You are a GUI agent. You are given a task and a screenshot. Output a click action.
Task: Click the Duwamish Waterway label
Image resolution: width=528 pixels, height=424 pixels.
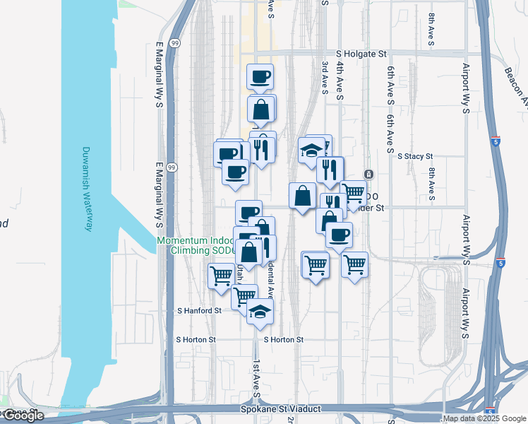coord(87,189)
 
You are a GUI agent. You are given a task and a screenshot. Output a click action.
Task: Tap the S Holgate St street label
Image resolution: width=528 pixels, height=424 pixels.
coord(362,53)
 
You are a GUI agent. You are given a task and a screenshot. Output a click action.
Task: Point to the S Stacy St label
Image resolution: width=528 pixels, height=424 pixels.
coord(415,156)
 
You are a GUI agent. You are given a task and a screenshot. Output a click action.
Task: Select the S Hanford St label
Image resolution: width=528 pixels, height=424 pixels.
coord(199,310)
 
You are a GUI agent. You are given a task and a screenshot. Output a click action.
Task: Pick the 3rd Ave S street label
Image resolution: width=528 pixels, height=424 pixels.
coord(325,82)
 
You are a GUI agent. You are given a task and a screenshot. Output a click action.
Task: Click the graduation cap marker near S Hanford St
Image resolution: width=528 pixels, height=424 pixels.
coord(260,312)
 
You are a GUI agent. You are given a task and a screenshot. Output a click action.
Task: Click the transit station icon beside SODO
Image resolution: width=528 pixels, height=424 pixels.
coord(368,174)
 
